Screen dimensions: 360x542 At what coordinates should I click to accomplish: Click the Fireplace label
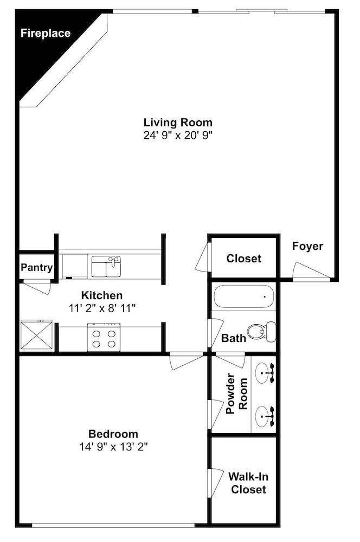[46, 33]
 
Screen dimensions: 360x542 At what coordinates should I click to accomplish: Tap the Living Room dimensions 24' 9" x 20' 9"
[178, 135]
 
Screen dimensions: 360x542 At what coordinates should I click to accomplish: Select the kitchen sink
[106, 267]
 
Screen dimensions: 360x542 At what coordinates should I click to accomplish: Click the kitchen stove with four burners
[104, 337]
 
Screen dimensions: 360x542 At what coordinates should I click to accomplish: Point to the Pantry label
[36, 267]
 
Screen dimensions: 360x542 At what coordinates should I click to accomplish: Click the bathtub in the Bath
[244, 296]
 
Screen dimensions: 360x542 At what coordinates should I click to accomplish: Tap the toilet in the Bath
[262, 332]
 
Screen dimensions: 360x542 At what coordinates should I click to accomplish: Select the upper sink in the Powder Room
[265, 373]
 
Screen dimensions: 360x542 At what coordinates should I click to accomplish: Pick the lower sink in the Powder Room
[265, 416]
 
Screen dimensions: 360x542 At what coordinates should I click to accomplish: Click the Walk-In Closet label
[248, 483]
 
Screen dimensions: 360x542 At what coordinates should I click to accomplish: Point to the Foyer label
[307, 246]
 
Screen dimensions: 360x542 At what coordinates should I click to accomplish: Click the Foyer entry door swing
[310, 270]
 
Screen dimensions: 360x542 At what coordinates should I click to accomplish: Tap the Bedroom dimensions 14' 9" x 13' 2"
[113, 447]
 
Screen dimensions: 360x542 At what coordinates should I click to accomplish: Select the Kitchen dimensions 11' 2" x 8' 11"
[102, 308]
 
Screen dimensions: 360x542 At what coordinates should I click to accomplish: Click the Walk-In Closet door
[215, 483]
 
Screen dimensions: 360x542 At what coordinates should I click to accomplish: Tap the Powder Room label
[236, 393]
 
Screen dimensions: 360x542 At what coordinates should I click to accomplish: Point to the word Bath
[234, 338]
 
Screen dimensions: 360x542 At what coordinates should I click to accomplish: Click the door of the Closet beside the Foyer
[203, 257]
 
